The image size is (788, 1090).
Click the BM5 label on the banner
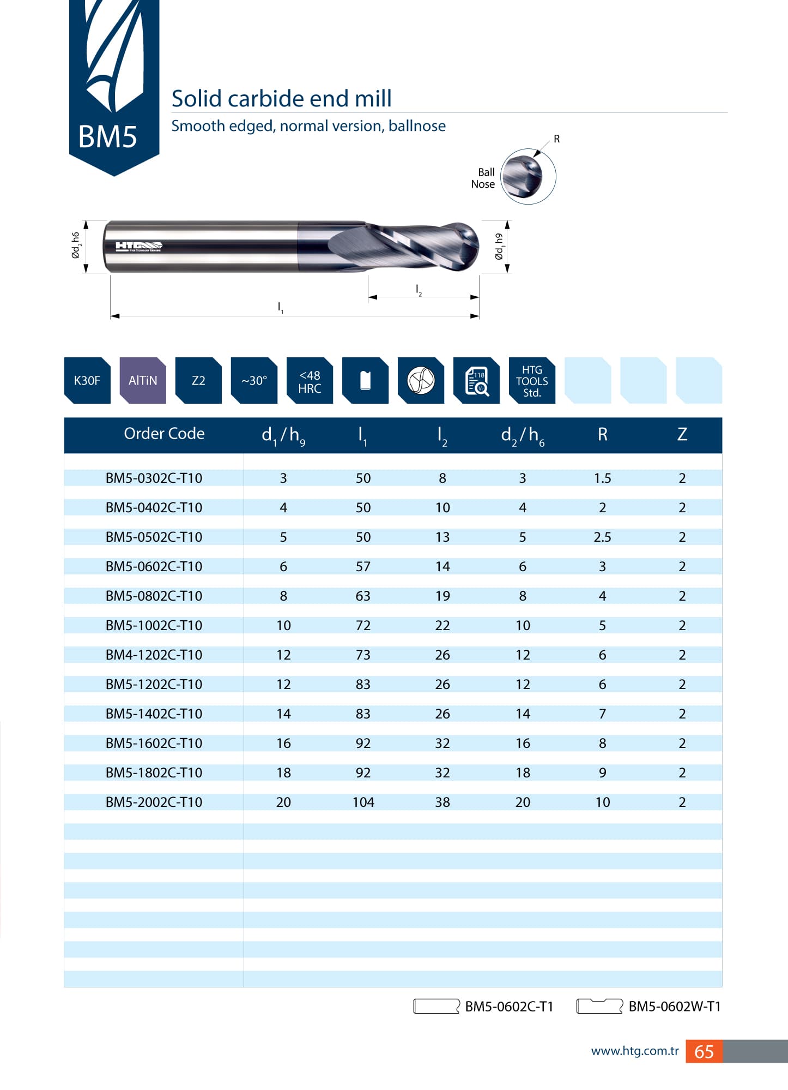[107, 136]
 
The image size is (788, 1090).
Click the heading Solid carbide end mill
[281, 99]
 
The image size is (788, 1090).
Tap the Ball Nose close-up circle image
[527, 176]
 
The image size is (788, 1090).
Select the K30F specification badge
[87, 380]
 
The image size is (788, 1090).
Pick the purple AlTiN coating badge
[143, 380]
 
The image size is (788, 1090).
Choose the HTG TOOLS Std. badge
[531, 381]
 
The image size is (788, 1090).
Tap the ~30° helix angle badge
[254, 380]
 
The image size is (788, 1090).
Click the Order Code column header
[164, 434]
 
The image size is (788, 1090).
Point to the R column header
[602, 434]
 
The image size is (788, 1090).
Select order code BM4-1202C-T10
[154, 655]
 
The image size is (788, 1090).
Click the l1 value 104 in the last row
[363, 802]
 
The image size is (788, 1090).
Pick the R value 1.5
[602, 478]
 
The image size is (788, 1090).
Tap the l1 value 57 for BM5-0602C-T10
[363, 566]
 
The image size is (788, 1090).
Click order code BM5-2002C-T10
[154, 802]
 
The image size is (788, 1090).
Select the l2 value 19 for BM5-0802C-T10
[443, 596]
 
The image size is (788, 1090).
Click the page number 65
[704, 1051]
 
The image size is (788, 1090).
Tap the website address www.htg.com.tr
[634, 1051]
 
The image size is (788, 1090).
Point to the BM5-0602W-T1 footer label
[674, 1007]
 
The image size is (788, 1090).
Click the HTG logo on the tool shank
[138, 247]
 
